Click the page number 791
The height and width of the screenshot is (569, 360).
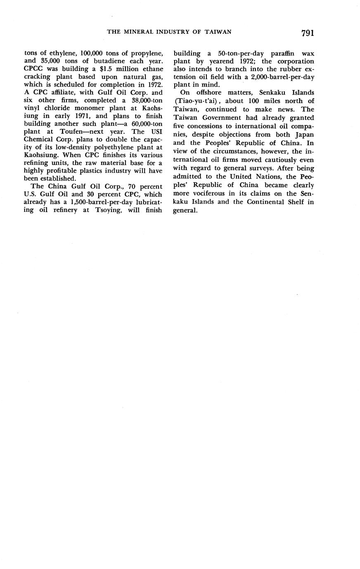pyautogui.click(x=308, y=33)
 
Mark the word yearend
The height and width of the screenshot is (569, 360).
pyautogui.click(x=213, y=61)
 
